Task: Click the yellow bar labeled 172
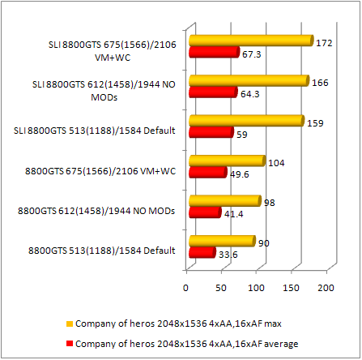(x=251, y=41)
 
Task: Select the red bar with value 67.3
(x=215, y=52)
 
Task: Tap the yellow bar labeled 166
(x=249, y=80)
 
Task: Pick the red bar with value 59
(x=211, y=132)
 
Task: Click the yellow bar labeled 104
(x=228, y=161)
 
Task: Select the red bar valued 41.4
(x=205, y=212)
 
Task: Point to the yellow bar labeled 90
(x=222, y=241)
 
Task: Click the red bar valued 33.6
(x=202, y=252)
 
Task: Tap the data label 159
(x=315, y=123)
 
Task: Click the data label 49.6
(x=240, y=174)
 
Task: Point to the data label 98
(x=270, y=203)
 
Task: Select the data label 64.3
(x=250, y=94)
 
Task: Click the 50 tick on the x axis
(x=221, y=288)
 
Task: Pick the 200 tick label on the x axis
(x=326, y=288)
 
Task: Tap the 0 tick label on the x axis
(x=185, y=288)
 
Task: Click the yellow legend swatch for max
(x=70, y=324)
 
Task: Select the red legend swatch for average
(x=70, y=344)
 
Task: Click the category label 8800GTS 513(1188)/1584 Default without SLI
(x=102, y=251)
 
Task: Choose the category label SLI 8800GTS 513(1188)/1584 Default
(x=95, y=131)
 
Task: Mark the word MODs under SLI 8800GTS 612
(x=104, y=97)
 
